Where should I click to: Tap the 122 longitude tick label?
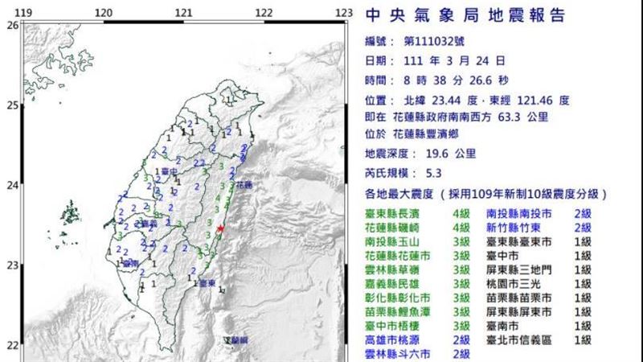click(264, 13)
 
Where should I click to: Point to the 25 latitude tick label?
click(12, 105)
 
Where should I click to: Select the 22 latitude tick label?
click(12, 346)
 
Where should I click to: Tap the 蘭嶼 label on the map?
click(238, 341)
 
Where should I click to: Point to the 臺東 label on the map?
click(207, 282)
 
